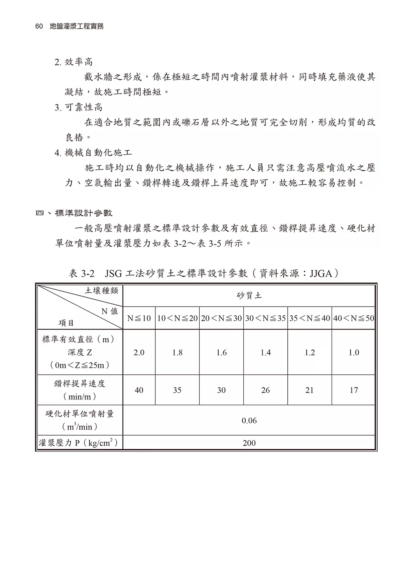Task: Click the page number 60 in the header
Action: [x=39, y=26]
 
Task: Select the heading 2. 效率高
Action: [x=74, y=62]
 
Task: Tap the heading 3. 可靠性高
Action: [x=79, y=108]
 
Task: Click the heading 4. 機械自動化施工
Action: [x=93, y=153]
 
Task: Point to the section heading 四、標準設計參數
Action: [x=74, y=213]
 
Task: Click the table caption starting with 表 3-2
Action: [x=204, y=273]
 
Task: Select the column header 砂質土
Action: [x=249, y=296]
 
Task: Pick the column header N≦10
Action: [x=139, y=318]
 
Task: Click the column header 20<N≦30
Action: [x=222, y=318]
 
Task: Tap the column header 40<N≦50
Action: [x=354, y=318]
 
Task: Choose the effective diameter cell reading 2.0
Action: [x=139, y=352]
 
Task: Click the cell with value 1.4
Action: [x=266, y=352]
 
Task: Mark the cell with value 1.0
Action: [x=354, y=352]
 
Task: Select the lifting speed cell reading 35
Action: [x=177, y=390]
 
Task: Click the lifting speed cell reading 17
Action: [x=354, y=390]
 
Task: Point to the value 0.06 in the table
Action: [x=249, y=420]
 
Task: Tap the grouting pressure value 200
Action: [x=249, y=443]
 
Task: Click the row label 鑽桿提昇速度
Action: [x=80, y=383]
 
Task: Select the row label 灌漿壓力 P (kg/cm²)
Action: [x=79, y=443]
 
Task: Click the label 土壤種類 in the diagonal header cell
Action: [x=102, y=291]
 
